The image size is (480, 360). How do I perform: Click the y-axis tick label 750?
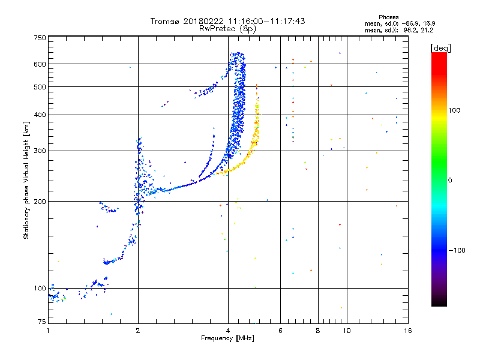[40, 38]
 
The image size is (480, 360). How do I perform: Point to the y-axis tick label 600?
[40, 64]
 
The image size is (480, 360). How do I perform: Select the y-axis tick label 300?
[40, 151]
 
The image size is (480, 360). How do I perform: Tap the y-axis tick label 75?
[41, 323]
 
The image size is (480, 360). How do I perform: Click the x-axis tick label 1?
[48, 330]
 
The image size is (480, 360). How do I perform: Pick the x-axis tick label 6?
[280, 330]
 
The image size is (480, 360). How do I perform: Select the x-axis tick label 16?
[407, 330]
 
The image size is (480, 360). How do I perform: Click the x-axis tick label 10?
[347, 330]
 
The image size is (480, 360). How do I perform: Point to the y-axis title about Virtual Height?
[26, 180]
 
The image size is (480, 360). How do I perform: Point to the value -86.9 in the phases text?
[413, 23]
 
